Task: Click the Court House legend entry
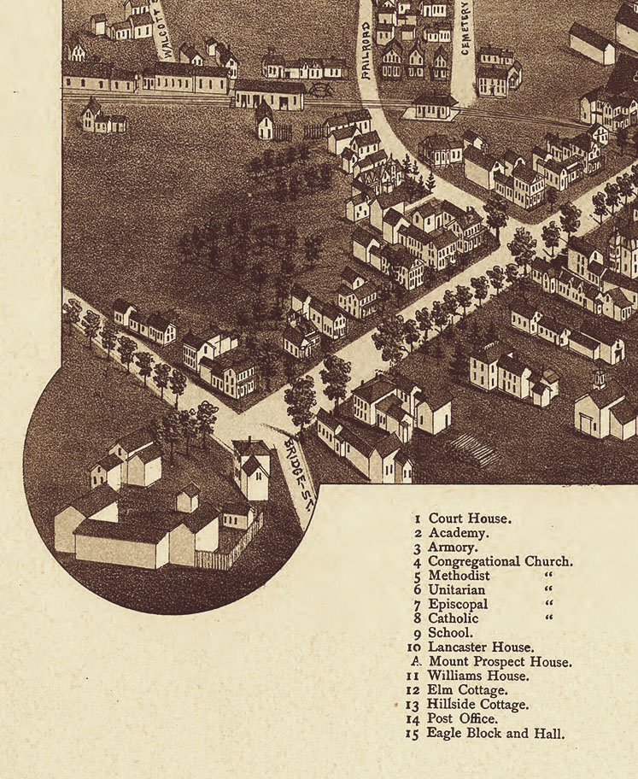pos(470,518)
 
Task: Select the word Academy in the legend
pos(459,533)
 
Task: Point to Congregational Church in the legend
pos(500,562)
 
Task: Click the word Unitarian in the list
pos(457,590)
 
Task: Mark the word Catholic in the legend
pos(454,618)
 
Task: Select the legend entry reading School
pos(450,633)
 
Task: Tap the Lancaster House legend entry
pos(481,647)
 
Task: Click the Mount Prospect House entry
pos(500,662)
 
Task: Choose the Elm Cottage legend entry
pos(467,690)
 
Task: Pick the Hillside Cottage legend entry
pos(477,705)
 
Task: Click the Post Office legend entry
pos(465,719)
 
